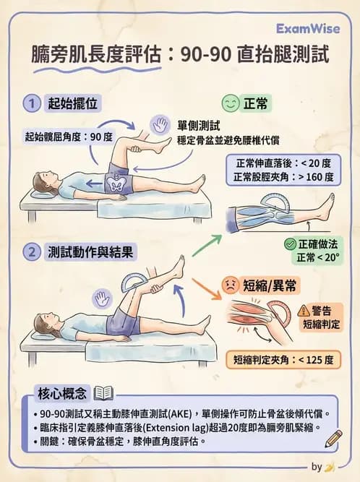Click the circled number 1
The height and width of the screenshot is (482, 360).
point(31,104)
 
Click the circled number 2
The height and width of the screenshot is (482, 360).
point(31,252)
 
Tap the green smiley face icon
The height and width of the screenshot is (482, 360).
point(231,103)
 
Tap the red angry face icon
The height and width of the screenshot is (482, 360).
point(231,283)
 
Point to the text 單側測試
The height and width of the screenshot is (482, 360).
point(195,125)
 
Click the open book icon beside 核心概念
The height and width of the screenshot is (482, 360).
point(104,394)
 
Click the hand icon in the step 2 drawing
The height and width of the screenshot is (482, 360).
point(102,297)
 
